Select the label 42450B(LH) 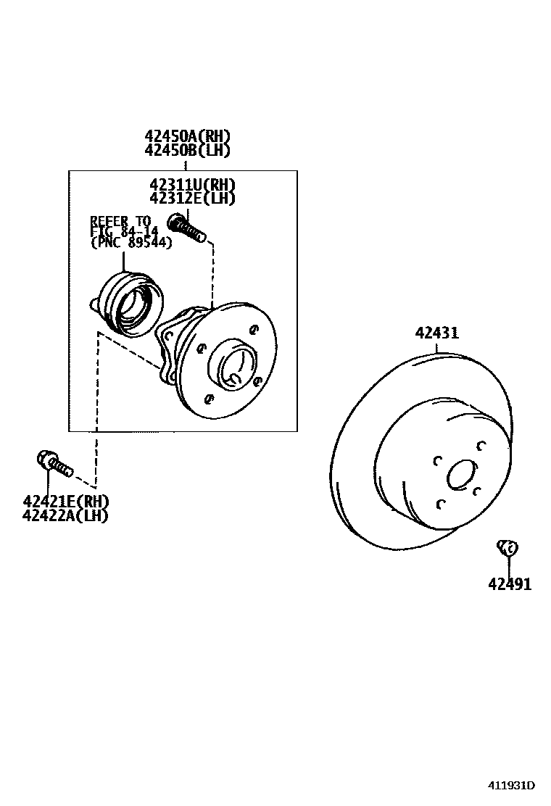pyautogui.click(x=187, y=151)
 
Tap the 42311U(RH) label pyautogui.click(x=193, y=185)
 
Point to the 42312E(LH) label pyautogui.click(x=193, y=198)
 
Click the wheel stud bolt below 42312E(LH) pyautogui.click(x=188, y=227)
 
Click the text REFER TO pyautogui.click(x=120, y=220)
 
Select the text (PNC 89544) pyautogui.click(x=131, y=244)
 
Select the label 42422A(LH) pyautogui.click(x=65, y=516)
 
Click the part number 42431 pyautogui.click(x=437, y=333)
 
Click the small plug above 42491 pyautogui.click(x=507, y=548)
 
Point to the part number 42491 pyautogui.click(x=510, y=584)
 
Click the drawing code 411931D pyautogui.click(x=510, y=786)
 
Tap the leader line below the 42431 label pyautogui.click(x=438, y=348)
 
